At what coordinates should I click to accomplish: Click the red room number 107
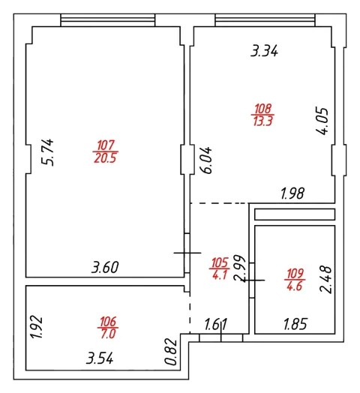pyautogui.click(x=106, y=145)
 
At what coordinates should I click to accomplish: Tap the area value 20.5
pyautogui.click(x=105, y=158)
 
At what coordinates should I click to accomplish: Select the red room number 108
pyautogui.click(x=262, y=109)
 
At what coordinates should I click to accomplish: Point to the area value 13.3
pyautogui.click(x=262, y=121)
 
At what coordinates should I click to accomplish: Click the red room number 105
pyautogui.click(x=220, y=262)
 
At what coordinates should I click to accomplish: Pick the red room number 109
pyautogui.click(x=295, y=274)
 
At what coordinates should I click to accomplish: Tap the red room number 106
pyautogui.click(x=108, y=322)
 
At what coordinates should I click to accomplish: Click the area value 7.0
pyautogui.click(x=108, y=334)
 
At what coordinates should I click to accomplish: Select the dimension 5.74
pyautogui.click(x=48, y=152)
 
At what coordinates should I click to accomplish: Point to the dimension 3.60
pyautogui.click(x=105, y=267)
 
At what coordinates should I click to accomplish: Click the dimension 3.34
pyautogui.click(x=264, y=51)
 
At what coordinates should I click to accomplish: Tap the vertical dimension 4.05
pyautogui.click(x=322, y=121)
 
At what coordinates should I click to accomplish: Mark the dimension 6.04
pyautogui.click(x=206, y=160)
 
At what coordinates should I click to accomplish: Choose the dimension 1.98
pyautogui.click(x=292, y=193)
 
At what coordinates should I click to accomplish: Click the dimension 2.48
pyautogui.click(x=325, y=280)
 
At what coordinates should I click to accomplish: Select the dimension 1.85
pyautogui.click(x=295, y=324)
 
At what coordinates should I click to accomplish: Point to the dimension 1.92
pyautogui.click(x=36, y=327)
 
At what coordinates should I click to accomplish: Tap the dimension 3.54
pyautogui.click(x=100, y=358)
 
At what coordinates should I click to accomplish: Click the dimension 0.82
pyautogui.click(x=171, y=352)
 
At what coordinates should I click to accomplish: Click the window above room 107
pyautogui.click(x=108, y=20)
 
